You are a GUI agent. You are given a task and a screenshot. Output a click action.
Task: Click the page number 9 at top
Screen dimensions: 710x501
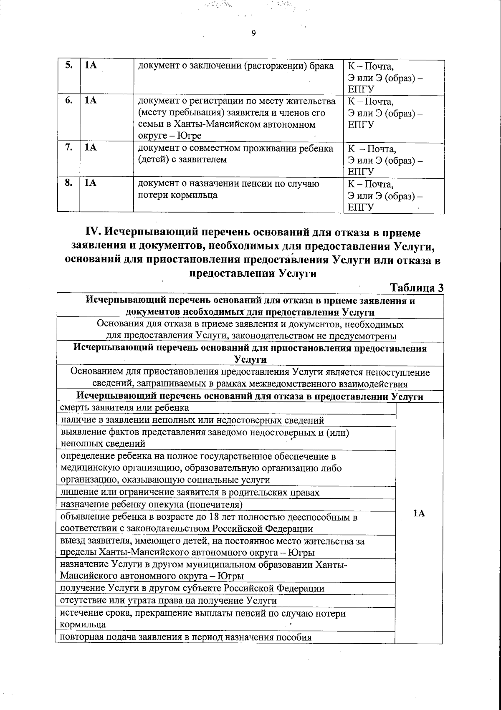[254, 34]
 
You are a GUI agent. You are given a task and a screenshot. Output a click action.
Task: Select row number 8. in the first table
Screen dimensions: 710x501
[69, 183]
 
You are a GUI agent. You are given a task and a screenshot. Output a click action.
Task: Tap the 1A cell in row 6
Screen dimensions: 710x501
[90, 101]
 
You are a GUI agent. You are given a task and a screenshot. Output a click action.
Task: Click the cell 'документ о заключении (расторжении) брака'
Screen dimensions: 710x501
[236, 66]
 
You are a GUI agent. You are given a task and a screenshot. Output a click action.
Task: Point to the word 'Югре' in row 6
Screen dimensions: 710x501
[190, 136]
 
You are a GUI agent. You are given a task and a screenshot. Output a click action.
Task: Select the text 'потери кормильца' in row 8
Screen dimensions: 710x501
[177, 195]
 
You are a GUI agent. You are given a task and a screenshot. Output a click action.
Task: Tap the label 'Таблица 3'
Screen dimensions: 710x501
[416, 288]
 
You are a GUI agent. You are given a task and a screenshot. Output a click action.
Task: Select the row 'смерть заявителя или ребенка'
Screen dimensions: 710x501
[124, 407]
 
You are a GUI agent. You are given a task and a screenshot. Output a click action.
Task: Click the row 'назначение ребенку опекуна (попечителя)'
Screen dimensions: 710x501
[151, 505]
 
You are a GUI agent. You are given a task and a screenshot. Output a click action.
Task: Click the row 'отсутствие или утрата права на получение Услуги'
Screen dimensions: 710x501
[168, 601]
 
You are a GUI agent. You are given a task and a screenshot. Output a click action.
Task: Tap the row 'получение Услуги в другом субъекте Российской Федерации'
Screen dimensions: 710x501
[192, 589]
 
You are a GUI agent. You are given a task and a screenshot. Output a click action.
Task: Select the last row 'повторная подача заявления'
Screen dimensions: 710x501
[186, 637]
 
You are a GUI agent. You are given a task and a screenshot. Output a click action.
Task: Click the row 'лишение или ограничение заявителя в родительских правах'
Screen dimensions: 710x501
[190, 493]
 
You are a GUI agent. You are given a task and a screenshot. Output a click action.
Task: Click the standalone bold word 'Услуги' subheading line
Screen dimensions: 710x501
[250, 359]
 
